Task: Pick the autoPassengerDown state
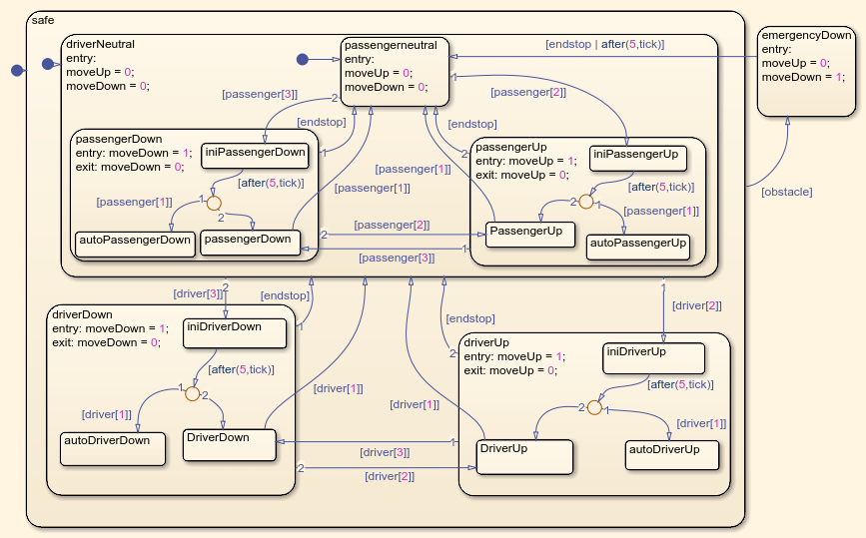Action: (x=134, y=244)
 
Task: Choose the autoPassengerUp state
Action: (x=637, y=247)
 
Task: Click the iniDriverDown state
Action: (x=235, y=332)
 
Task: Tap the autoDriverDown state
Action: (x=113, y=449)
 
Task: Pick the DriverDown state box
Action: (x=229, y=444)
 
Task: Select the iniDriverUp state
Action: (x=654, y=357)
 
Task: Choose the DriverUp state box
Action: (x=524, y=456)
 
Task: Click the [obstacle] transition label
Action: (x=786, y=191)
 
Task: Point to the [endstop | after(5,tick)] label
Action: (x=604, y=44)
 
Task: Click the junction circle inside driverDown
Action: (x=193, y=393)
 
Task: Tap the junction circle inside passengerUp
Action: (x=586, y=202)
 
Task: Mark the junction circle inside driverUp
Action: (x=594, y=407)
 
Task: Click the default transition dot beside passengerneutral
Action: (x=303, y=60)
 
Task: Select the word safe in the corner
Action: (x=43, y=20)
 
